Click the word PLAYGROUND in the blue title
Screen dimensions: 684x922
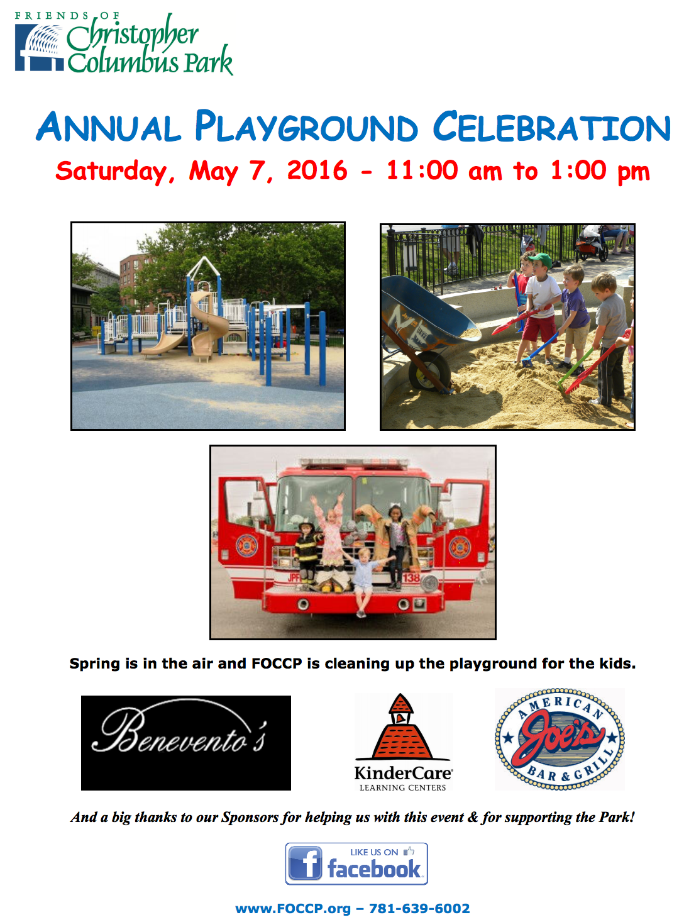coord(306,126)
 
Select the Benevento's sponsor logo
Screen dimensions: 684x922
coord(185,742)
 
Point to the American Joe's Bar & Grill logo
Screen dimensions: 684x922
coord(560,738)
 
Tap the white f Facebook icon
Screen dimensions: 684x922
coord(305,862)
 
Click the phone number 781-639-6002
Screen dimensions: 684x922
coord(419,908)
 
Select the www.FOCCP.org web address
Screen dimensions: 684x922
coord(293,909)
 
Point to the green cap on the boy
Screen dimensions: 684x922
coord(540,260)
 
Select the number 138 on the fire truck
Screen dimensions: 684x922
coord(411,577)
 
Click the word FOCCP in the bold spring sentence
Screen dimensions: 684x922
coord(277,663)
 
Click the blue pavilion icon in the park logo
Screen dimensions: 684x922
coord(39,48)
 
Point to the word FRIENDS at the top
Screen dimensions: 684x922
coord(52,16)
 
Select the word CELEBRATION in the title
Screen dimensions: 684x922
coord(551,126)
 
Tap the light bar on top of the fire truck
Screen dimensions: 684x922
coord(355,463)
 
